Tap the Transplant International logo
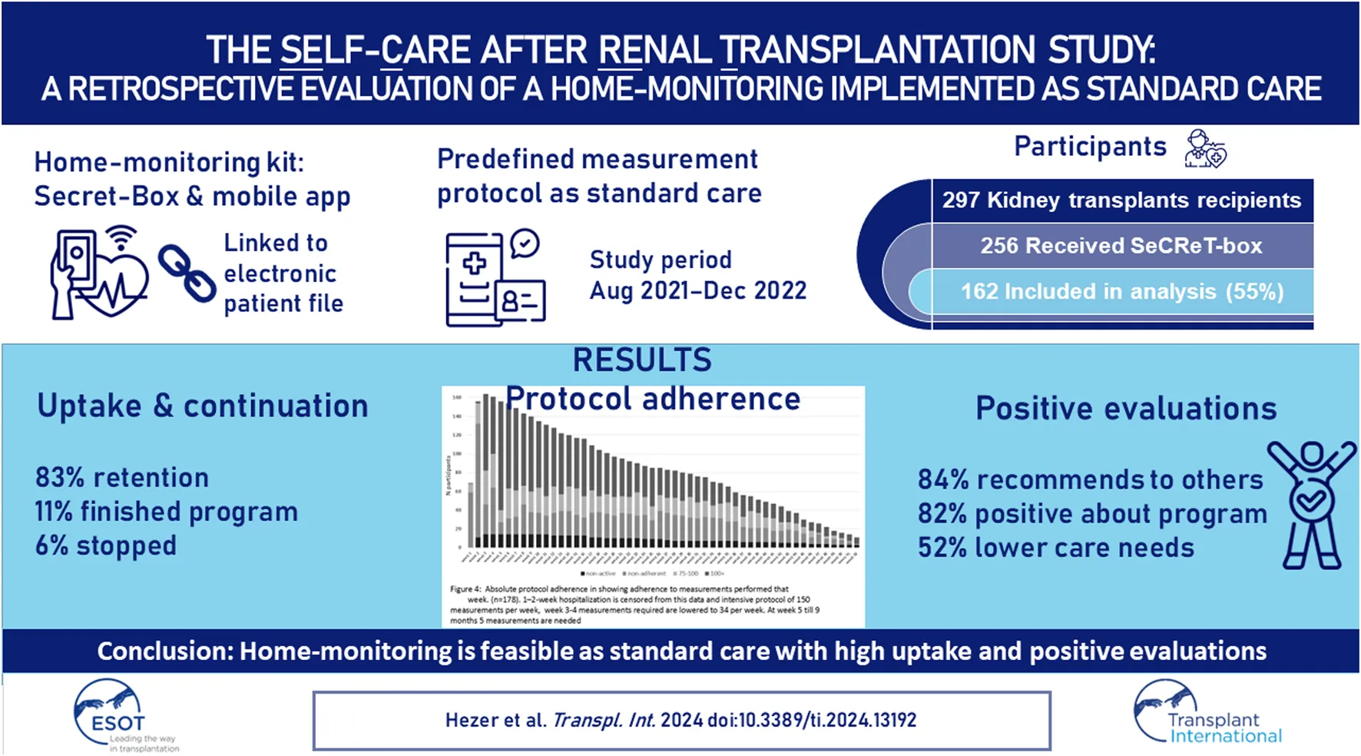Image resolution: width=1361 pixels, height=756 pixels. tap(1206, 713)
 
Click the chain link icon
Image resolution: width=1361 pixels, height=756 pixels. tap(187, 273)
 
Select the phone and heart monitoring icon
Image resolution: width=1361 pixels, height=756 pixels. tap(98, 273)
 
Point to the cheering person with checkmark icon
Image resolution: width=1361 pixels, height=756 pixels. tap(1311, 504)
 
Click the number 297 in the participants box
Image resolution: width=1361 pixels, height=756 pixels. tap(961, 201)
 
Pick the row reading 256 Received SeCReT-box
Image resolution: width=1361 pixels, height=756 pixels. tap(1121, 246)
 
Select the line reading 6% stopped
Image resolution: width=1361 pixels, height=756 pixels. tap(106, 545)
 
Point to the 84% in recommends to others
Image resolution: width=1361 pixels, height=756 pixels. tap(943, 479)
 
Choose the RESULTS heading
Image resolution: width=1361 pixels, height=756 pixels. tap(642, 360)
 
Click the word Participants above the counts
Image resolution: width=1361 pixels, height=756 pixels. tap(1090, 146)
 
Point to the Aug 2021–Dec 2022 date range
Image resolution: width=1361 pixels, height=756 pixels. tap(697, 291)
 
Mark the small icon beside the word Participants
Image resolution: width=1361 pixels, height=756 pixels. tap(1205, 148)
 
